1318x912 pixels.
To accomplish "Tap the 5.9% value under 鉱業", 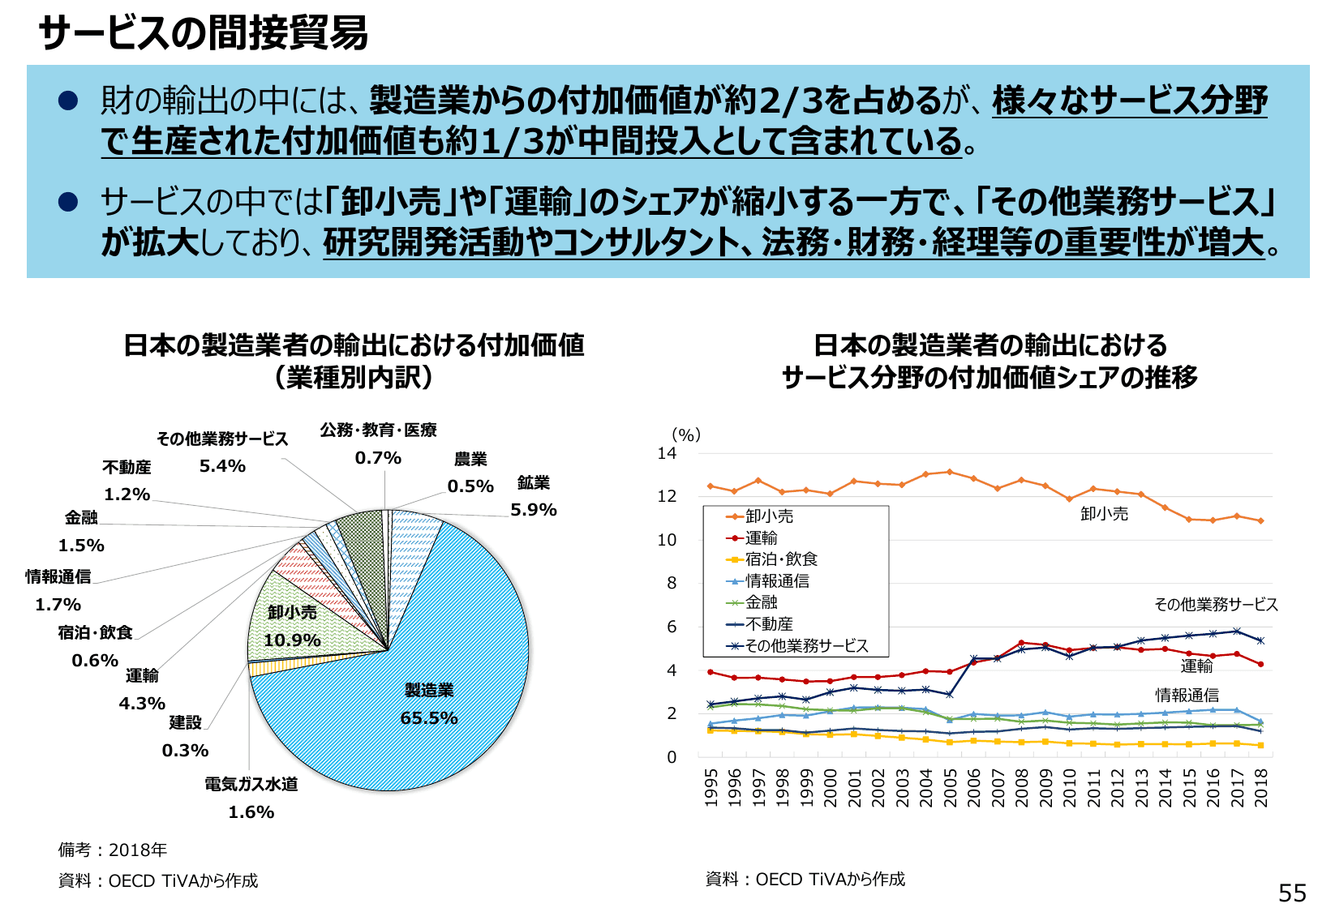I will (533, 510).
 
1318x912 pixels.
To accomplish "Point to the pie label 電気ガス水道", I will (251, 784).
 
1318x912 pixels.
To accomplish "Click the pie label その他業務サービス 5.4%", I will (222, 451).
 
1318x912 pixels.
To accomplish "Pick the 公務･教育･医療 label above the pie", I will (378, 430).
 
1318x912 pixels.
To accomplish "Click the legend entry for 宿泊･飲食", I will (780, 559).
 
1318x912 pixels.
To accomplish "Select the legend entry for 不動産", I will (768, 624).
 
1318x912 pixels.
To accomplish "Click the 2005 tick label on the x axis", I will (951, 788).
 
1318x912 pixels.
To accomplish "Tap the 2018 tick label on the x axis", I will (1261, 788).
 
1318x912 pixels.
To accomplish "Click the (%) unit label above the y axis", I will (686, 435).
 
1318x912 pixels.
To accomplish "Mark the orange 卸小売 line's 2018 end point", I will (1260, 520).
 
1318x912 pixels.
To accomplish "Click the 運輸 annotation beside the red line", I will (1196, 666).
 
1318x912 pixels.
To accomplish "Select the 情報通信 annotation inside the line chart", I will (1187, 696).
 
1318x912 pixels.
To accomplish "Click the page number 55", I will (1292, 893).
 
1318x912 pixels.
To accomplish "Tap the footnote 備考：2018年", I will (113, 850).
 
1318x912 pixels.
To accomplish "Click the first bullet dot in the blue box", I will (68, 101).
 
